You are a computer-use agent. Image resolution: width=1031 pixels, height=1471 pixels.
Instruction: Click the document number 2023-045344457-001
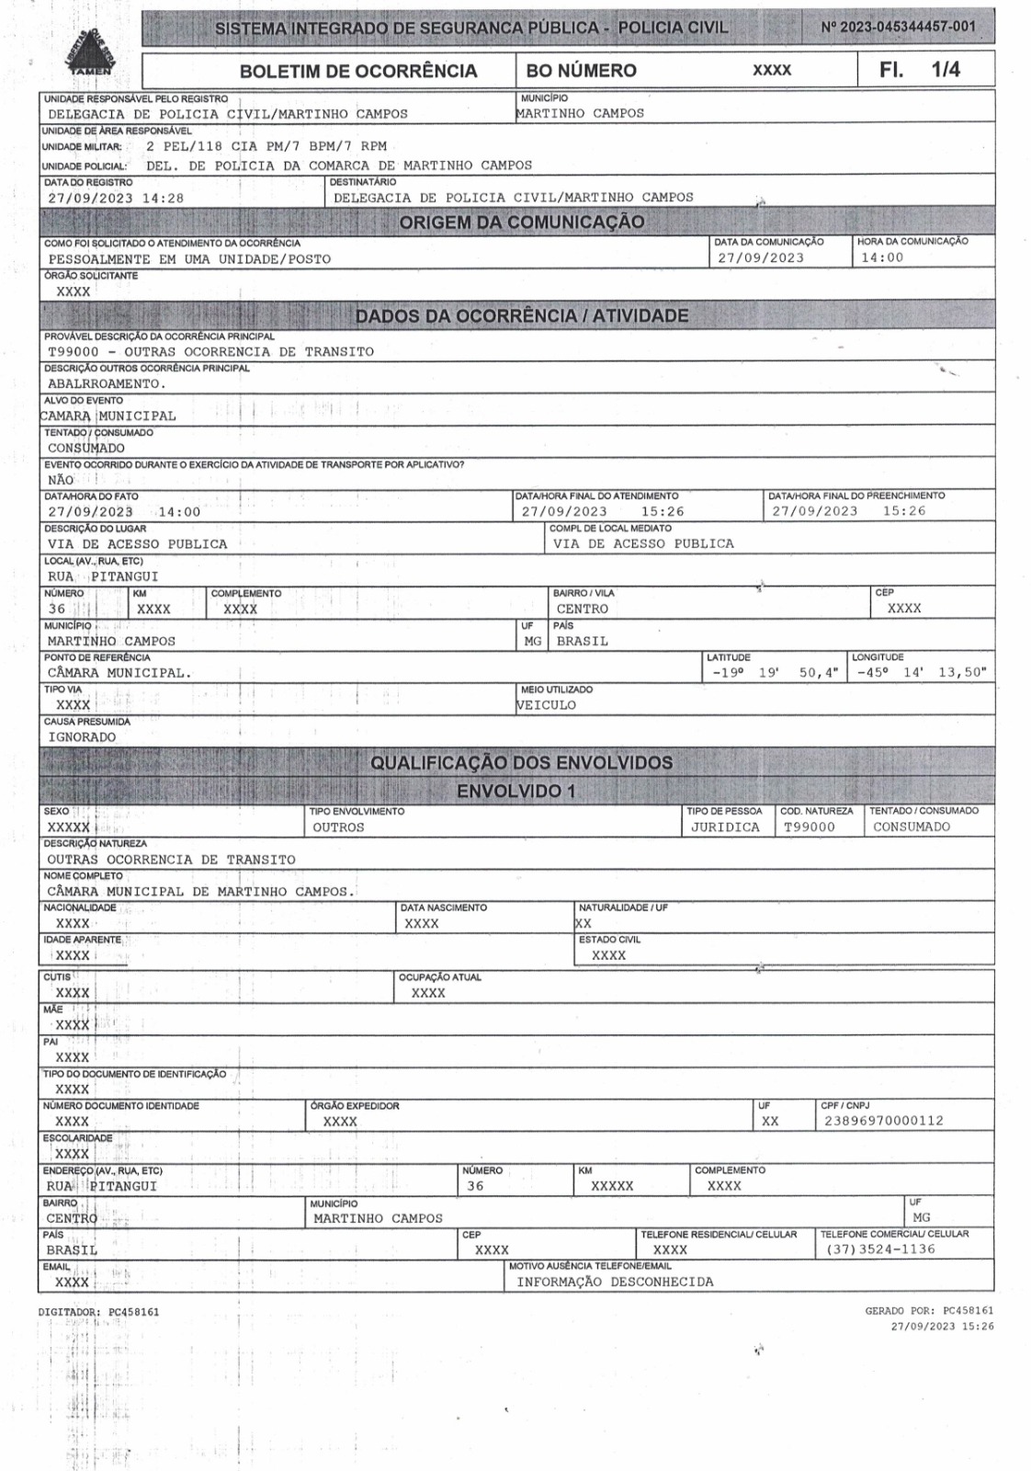898,27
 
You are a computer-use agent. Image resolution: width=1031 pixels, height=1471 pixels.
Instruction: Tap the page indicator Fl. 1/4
920,70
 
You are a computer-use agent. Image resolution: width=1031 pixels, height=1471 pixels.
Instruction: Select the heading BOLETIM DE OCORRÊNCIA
358,72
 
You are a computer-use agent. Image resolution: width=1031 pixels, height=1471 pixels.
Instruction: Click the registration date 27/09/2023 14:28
116,198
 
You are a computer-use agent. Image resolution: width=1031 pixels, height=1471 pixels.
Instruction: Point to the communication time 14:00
881,258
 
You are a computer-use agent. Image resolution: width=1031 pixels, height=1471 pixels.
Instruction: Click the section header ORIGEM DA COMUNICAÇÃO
521,222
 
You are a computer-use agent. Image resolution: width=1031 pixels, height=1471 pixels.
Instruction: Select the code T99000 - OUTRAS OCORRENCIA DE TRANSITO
210,352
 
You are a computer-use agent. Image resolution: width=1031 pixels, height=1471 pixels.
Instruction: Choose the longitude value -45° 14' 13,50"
922,673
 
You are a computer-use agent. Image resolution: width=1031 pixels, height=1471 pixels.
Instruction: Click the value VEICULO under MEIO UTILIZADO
547,705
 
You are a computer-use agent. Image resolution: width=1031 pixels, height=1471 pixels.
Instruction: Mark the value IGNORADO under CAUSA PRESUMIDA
82,737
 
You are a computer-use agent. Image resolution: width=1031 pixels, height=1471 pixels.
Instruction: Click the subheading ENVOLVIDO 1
516,792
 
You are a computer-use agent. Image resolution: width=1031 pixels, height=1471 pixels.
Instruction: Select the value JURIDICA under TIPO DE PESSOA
725,827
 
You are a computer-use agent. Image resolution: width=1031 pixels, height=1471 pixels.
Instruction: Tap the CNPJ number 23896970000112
882,1122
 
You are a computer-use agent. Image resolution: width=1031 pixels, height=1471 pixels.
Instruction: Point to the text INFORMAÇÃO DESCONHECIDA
615,1282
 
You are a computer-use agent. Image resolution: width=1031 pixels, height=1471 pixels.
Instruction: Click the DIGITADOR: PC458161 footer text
98,1312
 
